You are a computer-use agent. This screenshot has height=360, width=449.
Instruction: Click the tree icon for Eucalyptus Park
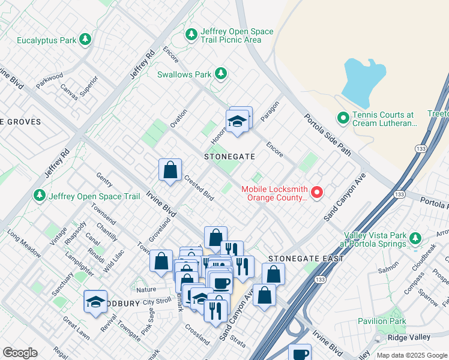[x=85, y=40]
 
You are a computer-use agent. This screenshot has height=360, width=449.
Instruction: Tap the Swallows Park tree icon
[x=221, y=74]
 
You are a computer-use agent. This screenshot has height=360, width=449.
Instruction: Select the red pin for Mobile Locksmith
[x=316, y=193]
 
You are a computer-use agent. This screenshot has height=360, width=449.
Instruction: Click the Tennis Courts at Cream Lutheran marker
[x=343, y=118]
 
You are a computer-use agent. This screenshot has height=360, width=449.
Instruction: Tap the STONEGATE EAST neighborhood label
[x=306, y=259]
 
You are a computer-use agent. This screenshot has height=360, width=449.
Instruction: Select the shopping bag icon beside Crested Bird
[x=170, y=170]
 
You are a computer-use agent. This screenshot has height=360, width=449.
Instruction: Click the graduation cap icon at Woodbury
[x=95, y=302]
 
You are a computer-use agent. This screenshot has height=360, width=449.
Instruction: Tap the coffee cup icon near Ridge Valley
[x=300, y=353]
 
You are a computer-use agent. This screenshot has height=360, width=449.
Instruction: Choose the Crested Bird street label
[x=199, y=188]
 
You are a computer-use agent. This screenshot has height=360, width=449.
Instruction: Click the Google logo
[x=20, y=352]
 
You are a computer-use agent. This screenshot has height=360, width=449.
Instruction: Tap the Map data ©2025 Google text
[x=411, y=355]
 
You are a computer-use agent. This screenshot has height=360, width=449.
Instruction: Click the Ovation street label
[x=178, y=118]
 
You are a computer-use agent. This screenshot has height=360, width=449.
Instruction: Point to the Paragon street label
[x=271, y=109]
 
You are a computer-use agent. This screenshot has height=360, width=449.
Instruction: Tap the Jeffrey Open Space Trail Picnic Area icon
[x=191, y=35]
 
